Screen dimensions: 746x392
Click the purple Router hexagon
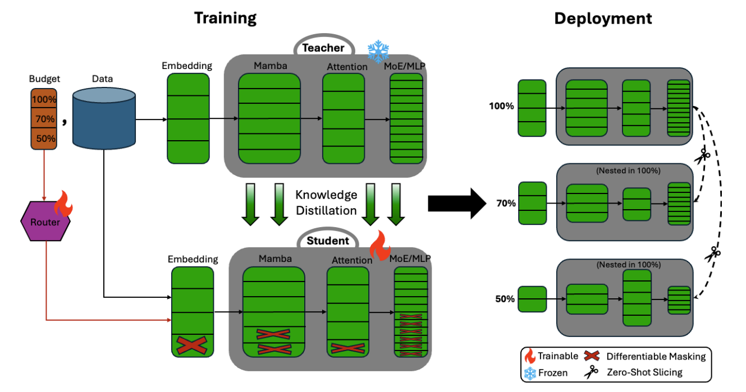point(45,221)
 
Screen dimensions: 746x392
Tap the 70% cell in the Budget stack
point(44,119)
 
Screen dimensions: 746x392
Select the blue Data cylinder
point(104,118)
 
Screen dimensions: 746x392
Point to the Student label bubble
point(328,239)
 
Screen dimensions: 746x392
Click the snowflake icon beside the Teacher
point(378,51)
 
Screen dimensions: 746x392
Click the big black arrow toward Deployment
point(457,204)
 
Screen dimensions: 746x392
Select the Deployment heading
point(603,19)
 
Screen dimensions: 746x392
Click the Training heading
point(226,18)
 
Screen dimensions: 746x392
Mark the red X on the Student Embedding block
point(192,345)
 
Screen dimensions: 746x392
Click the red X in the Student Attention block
point(347,348)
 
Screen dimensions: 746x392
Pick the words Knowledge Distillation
point(326,202)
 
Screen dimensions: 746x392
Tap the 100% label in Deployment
point(501,106)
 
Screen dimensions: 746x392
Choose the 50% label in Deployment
point(505,299)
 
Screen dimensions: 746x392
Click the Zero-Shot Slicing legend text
point(644,372)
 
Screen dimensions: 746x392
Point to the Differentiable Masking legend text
point(656,357)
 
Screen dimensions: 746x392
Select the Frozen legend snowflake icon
point(530,373)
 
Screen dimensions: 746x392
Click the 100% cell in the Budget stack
point(44,99)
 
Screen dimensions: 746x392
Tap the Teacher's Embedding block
point(188,118)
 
